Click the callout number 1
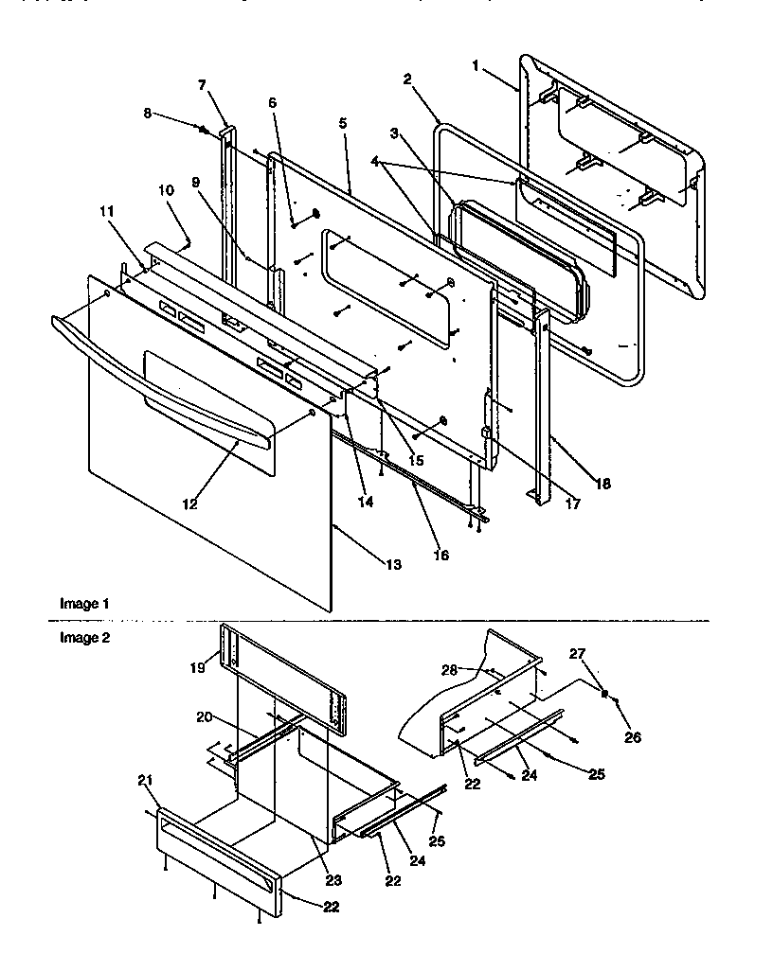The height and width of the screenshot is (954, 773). point(476,65)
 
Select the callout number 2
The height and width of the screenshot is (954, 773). point(406,79)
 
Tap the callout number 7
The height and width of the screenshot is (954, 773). point(201,85)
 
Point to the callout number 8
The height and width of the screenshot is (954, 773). point(147,113)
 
